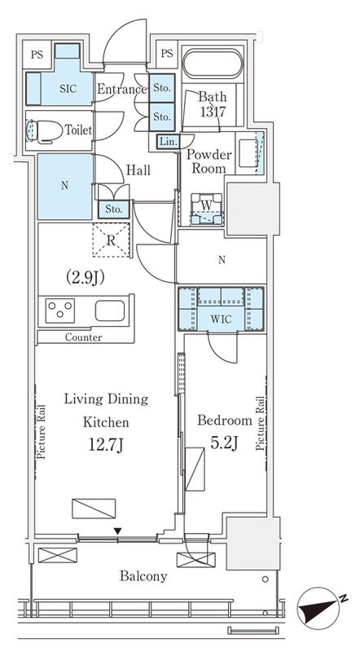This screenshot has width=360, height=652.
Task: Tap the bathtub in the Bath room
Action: pos(212,64)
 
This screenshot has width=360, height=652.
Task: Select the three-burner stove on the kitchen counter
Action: pos(59,311)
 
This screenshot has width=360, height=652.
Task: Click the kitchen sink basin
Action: pos(110,311)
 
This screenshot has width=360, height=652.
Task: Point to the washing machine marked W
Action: pos(207,209)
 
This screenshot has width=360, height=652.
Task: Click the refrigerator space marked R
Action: pos(111,240)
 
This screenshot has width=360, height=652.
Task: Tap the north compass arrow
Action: pos(318,608)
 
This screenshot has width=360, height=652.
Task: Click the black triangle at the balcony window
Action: pos(118,531)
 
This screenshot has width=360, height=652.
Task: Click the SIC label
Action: pos(68,89)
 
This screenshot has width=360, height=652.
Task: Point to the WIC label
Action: pos(221,319)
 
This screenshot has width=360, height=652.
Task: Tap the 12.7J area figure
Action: pos(106,446)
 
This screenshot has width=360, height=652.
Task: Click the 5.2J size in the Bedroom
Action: pos(224,443)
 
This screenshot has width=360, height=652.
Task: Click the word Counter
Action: pos(84,337)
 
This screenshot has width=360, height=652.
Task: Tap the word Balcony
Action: pos(143,576)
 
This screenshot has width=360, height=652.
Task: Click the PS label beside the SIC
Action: pos(37,55)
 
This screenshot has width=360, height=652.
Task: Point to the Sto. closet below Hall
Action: pos(113,209)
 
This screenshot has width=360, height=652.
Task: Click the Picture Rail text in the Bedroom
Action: pos(261,424)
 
